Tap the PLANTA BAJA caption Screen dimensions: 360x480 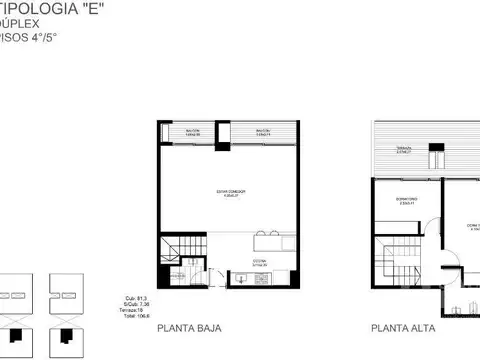tap(189, 327)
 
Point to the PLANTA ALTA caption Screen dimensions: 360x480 tap(403, 327)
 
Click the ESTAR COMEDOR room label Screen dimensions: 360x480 tap(231, 191)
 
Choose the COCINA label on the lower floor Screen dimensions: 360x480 tap(258, 264)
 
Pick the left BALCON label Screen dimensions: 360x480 tap(193, 131)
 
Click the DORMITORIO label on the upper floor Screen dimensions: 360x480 tap(405, 200)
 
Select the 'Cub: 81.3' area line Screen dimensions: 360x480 tap(128, 297)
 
